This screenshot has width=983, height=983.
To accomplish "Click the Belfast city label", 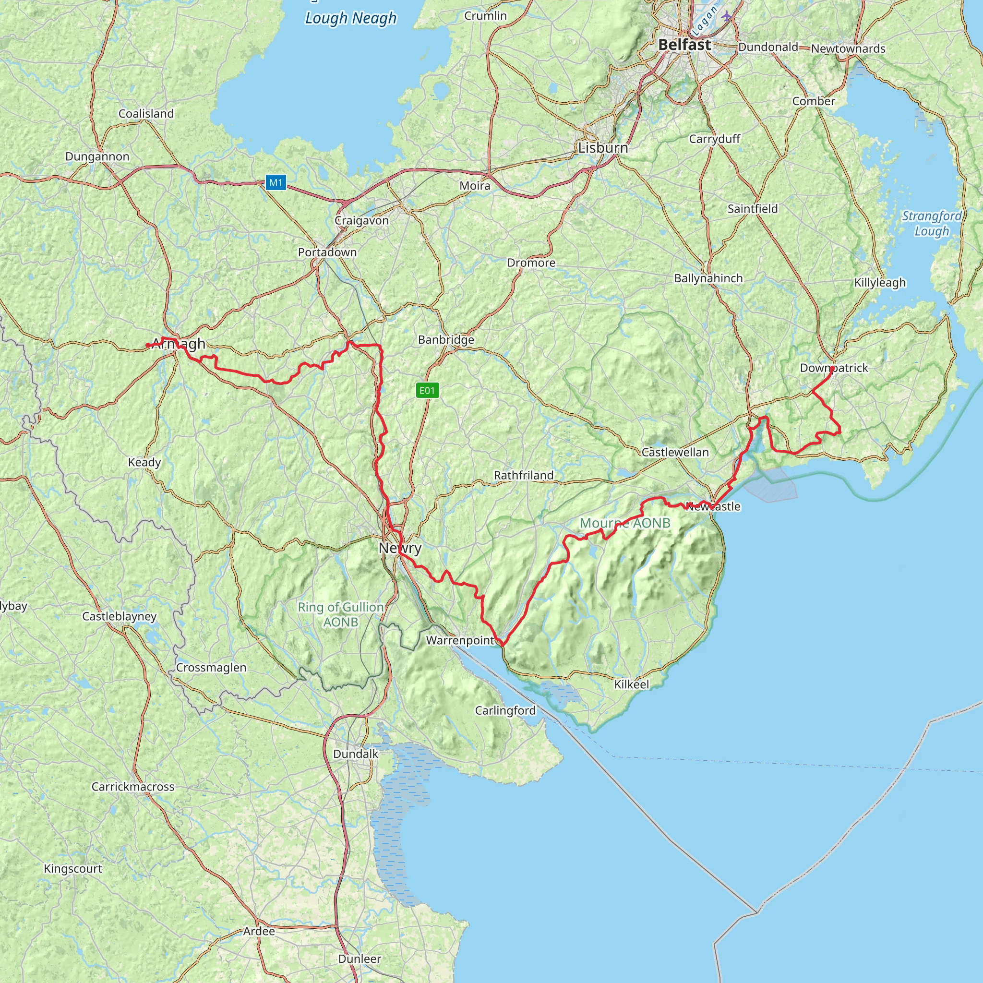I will click(684, 45).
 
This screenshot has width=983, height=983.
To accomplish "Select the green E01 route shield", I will click(427, 390).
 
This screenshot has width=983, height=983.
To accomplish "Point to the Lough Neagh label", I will click(350, 18).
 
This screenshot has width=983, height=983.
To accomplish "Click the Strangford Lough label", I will click(932, 223).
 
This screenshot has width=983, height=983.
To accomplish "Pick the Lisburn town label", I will click(603, 147).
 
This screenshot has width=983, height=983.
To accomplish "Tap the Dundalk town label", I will click(356, 754).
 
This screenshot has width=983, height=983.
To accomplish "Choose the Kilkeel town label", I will click(632, 684).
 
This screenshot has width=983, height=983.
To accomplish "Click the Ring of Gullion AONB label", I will click(340, 614).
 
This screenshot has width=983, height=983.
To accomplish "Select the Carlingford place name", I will click(505, 710).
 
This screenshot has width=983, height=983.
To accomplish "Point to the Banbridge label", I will click(446, 339).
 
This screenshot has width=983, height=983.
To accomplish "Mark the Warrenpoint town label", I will click(460, 640).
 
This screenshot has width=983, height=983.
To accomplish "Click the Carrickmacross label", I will click(133, 787).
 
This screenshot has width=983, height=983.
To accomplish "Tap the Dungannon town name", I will click(97, 156).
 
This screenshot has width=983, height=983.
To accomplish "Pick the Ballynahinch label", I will click(708, 278).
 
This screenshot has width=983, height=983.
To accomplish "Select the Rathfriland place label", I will click(524, 475).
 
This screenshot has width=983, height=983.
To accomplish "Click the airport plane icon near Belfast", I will click(727, 16).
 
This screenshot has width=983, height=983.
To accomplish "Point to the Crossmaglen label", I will click(211, 668).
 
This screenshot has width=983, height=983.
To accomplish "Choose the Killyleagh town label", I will click(880, 282).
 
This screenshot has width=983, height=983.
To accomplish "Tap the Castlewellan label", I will click(675, 452).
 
